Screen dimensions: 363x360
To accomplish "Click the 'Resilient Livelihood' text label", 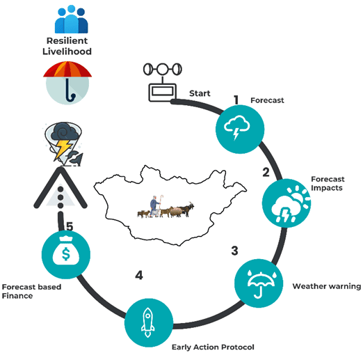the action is tap(67, 46).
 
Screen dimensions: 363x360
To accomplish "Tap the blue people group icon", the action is tap(71, 19).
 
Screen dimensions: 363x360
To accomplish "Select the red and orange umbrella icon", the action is tap(67, 83).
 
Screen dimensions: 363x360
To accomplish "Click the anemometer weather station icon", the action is tap(163, 81).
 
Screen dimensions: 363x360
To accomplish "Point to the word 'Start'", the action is tap(200, 93).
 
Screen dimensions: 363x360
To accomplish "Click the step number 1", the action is tap(236, 100).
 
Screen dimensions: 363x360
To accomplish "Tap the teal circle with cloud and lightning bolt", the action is tap(240, 130).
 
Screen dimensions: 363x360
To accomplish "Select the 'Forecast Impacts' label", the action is tap(328, 183).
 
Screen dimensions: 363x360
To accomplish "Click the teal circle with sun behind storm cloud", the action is tap(287, 203).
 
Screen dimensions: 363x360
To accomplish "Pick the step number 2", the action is tap(266, 172).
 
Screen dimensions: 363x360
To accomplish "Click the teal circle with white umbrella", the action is tap(259, 283).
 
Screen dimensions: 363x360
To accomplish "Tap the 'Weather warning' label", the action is tap(327, 286).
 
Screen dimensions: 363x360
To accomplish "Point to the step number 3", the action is tap(234, 251).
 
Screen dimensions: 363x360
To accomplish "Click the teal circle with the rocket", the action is tap(149, 323).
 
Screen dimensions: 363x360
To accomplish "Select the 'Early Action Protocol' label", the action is tap(213, 347).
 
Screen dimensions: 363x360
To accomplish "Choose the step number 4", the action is tap(139, 275).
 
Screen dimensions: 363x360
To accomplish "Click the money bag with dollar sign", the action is tap(66, 250).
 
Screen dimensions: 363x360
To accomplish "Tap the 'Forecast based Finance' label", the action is tap(31, 291).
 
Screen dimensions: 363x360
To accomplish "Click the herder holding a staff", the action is tap(155, 206).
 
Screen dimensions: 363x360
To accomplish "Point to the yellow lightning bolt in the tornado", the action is tap(62, 149).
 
